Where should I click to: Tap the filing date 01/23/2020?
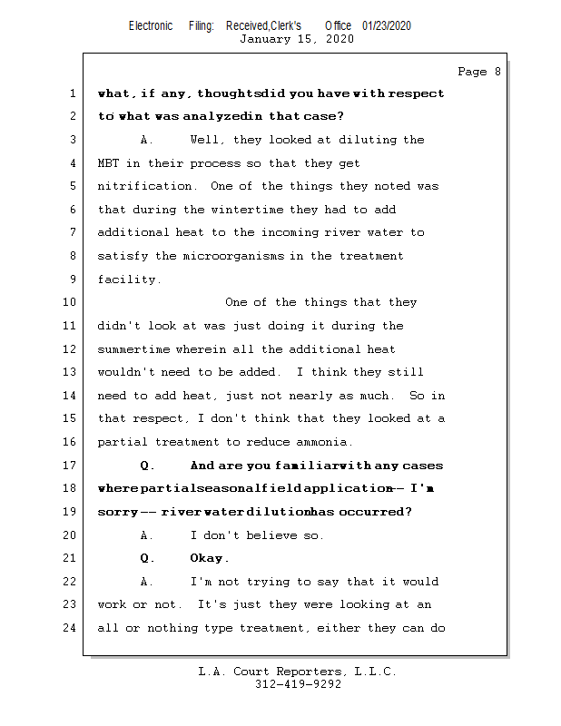click(x=386, y=25)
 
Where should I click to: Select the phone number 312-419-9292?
click(x=298, y=684)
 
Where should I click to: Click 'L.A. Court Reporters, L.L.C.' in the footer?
click(x=298, y=672)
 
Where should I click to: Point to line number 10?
click(x=72, y=302)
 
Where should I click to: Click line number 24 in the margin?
click(x=72, y=627)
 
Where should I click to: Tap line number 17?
click(x=72, y=466)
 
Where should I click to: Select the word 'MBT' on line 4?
click(x=110, y=163)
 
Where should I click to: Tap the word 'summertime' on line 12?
click(x=135, y=349)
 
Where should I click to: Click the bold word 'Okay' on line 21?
click(x=209, y=558)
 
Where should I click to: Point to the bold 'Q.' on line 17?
click(x=148, y=466)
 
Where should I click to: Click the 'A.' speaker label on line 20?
click(x=148, y=535)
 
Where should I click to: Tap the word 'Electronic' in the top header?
click(x=151, y=25)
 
